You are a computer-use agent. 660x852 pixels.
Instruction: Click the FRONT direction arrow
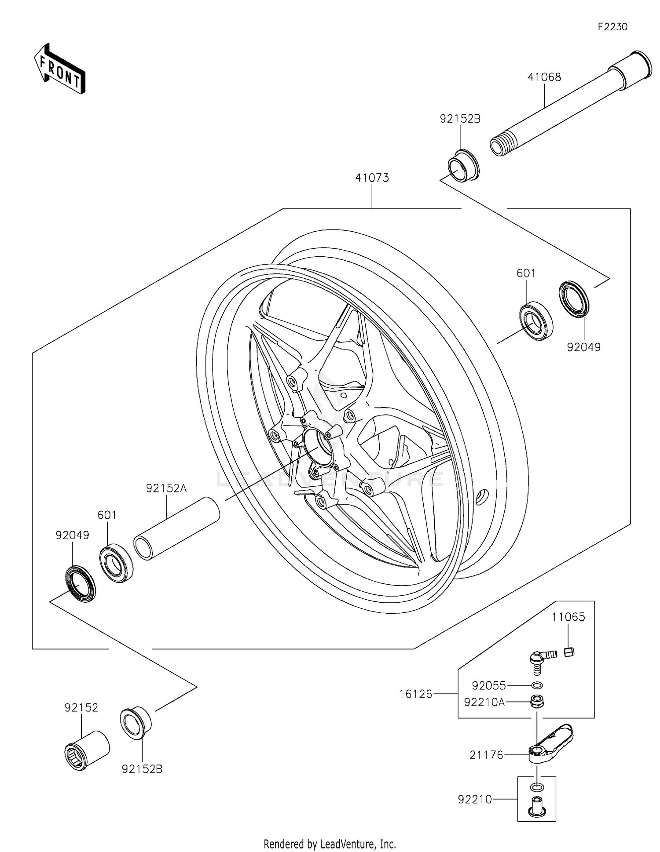(x=59, y=69)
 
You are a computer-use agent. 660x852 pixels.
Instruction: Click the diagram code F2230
(x=612, y=27)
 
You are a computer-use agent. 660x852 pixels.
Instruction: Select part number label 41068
(x=544, y=77)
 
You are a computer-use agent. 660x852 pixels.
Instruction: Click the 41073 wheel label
(x=372, y=178)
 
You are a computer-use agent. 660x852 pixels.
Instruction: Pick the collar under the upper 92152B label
(x=463, y=166)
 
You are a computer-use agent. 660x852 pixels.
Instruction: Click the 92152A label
(x=166, y=488)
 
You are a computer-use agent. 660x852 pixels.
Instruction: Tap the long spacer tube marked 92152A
(x=176, y=528)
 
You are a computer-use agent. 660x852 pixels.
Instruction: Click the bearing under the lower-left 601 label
(x=116, y=563)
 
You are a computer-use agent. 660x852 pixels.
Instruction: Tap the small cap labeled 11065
(x=569, y=652)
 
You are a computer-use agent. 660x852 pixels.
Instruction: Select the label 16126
(x=415, y=694)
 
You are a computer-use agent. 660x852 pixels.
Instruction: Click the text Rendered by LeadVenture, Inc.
(x=330, y=844)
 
